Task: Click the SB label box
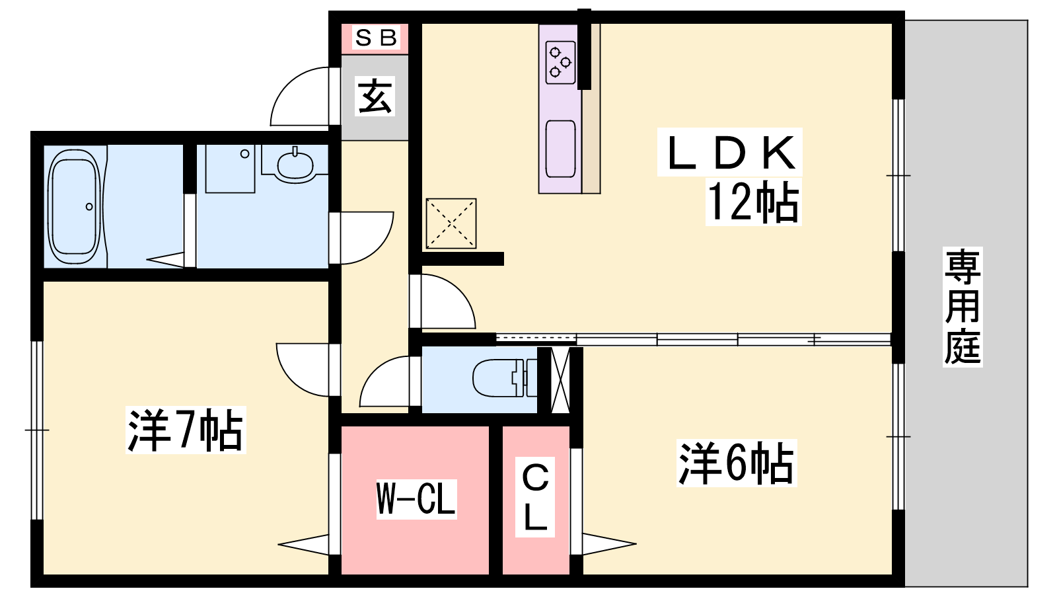[x=376, y=38]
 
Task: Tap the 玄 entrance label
[x=375, y=96]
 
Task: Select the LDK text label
[x=729, y=153]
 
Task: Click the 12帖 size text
[x=753, y=202]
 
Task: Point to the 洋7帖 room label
[x=186, y=430]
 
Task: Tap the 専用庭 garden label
[x=962, y=307]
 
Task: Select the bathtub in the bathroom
[x=75, y=206]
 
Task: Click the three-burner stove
[x=560, y=62]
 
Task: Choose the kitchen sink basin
[x=560, y=149]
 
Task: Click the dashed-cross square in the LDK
[x=451, y=223]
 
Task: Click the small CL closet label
[x=535, y=497]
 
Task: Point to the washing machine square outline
[x=230, y=169]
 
